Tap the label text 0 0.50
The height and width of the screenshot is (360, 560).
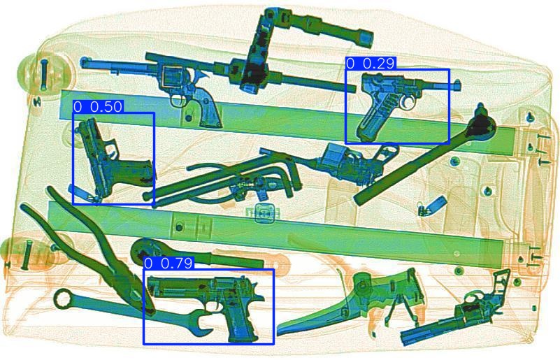click(98, 107)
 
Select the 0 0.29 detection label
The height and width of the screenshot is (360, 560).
click(371, 64)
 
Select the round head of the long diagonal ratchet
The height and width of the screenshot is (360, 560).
click(480, 125)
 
